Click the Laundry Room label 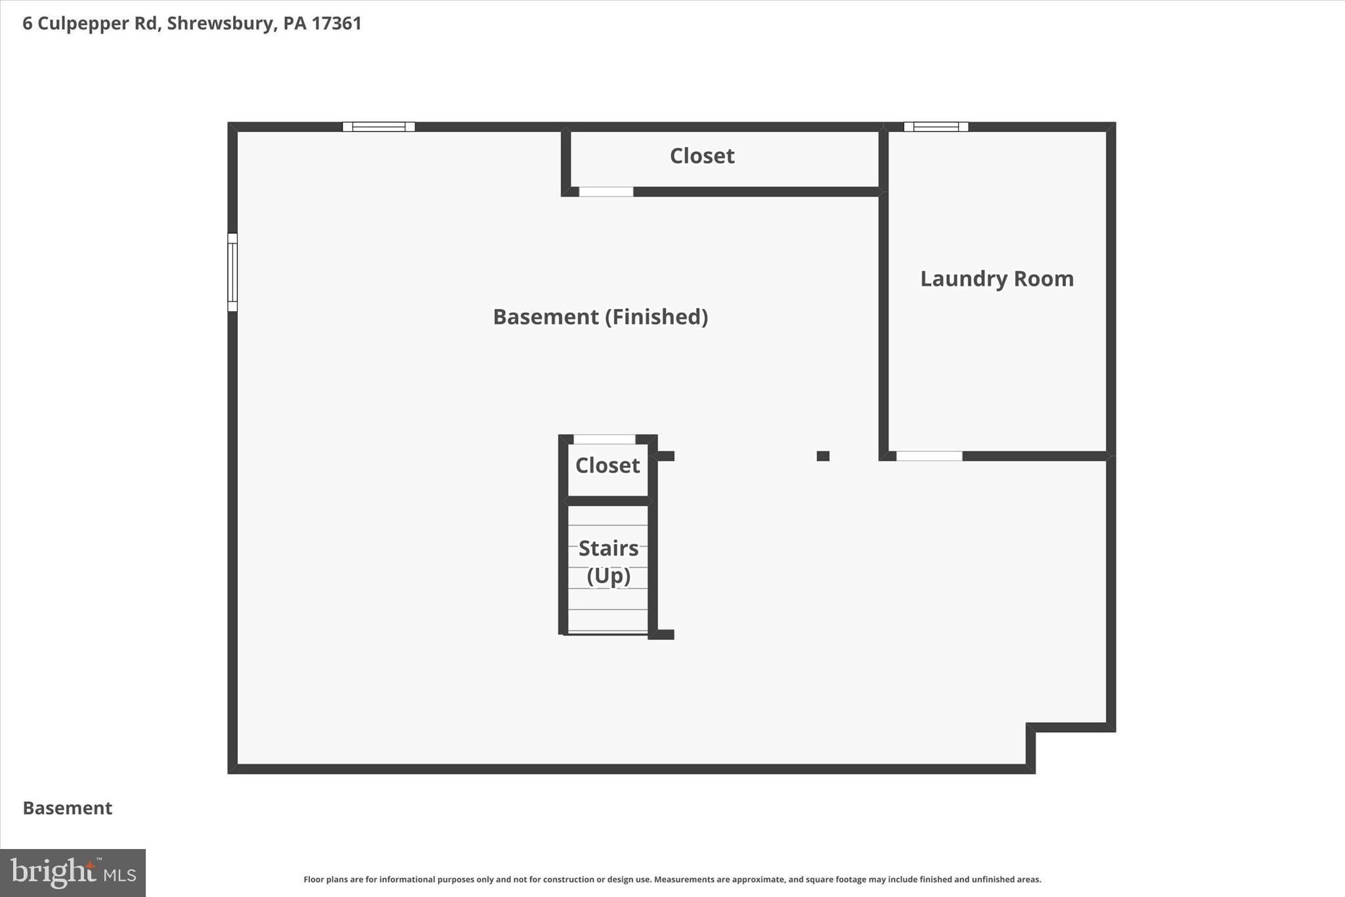point(996,279)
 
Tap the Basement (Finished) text point(600,317)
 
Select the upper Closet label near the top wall point(701,156)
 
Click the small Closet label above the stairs point(607,465)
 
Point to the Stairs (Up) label point(608,561)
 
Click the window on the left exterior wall point(232,272)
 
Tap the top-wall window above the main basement point(378,127)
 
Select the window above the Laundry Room point(935,127)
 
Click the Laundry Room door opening point(929,456)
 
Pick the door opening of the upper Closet point(606,192)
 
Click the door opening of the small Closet point(604,440)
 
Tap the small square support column point(823,456)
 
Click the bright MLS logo point(72,873)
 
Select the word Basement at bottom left point(68,808)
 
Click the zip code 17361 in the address point(336,24)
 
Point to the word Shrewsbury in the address point(220,24)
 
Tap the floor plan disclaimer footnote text point(672,879)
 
